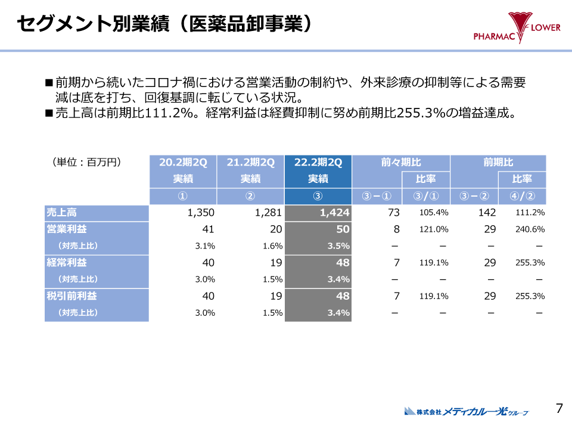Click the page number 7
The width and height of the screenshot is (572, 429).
pyautogui.click(x=559, y=408)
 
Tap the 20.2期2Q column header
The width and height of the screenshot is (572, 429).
pyautogui.click(x=183, y=162)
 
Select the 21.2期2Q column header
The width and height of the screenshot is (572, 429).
pyautogui.click(x=250, y=162)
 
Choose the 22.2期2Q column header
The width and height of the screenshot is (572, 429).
pyautogui.click(x=318, y=162)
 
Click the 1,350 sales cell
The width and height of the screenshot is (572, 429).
pyautogui.click(x=200, y=213)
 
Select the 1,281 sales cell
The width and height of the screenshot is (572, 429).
pyautogui.click(x=268, y=213)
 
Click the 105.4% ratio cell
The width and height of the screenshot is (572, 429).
pyautogui.click(x=434, y=213)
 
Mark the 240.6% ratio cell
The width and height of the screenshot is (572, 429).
pyautogui.click(x=530, y=229)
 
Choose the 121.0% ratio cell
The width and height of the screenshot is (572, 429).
pyautogui.click(x=434, y=229)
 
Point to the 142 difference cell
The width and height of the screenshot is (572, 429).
pyautogui.click(x=487, y=213)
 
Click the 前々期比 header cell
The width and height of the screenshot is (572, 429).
pyautogui.click(x=400, y=162)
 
